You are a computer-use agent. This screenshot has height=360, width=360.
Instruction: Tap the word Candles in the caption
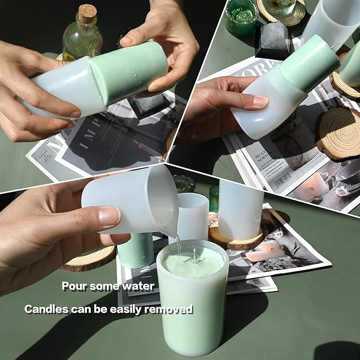point(45,309)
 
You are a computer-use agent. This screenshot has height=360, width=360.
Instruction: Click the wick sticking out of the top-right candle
point(336,46)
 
